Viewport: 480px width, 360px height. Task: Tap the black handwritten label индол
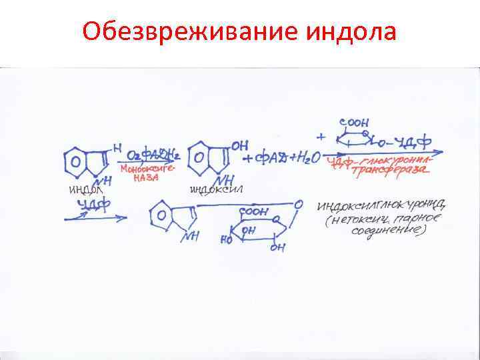pos(86,191)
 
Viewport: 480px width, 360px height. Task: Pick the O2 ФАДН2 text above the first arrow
pos(153,155)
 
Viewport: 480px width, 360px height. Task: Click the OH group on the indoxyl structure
pos(239,146)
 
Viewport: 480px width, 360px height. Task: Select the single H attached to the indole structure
pos(117,147)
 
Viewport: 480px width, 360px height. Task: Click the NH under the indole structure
pos(101,181)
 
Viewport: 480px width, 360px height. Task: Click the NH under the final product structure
pos(191,235)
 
